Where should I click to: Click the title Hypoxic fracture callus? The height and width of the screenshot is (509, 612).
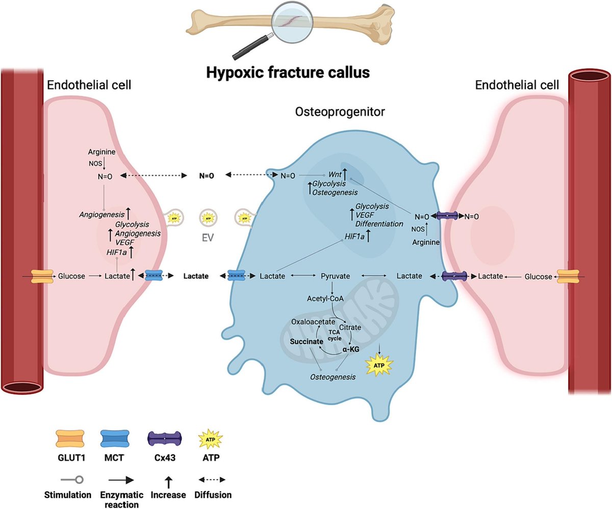tap(288, 72)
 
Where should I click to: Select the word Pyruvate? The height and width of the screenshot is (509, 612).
tap(335, 276)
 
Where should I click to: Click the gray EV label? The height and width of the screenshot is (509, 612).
tap(207, 237)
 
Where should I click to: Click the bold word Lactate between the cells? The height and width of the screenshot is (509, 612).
tap(196, 276)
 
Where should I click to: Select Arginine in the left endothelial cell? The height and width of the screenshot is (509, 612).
tap(103, 152)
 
